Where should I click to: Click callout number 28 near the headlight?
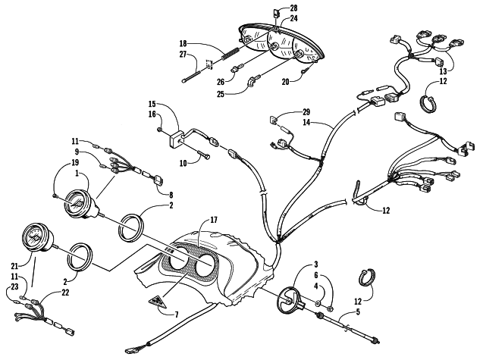[x=293, y=8]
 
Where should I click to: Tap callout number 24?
[x=293, y=18]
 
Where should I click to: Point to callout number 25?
[x=221, y=94]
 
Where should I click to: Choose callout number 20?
[x=285, y=82]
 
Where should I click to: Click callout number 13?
[x=443, y=71]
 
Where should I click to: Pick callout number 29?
[x=306, y=111]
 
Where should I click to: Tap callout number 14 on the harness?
[x=306, y=122]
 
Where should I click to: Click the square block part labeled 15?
[x=176, y=138]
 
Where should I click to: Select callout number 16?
[x=152, y=114]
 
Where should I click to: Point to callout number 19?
[x=75, y=162]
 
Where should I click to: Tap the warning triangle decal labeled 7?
[x=157, y=302]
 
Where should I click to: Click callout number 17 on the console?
[x=214, y=220]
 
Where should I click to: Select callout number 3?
[x=316, y=265]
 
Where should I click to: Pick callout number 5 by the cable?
[x=358, y=312]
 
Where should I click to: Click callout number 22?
[x=65, y=293]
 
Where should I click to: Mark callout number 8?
[x=171, y=195]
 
